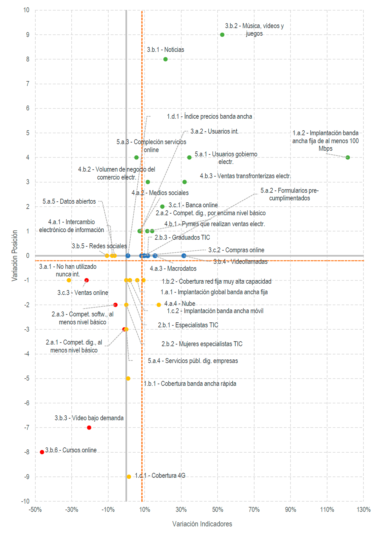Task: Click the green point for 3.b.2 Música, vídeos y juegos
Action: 222,35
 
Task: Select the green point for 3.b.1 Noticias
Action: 165,59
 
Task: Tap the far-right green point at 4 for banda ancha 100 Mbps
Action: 348,157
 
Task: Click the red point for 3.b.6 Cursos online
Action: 42,452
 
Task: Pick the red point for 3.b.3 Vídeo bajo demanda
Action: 89,428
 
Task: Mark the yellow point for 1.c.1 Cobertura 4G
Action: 129,476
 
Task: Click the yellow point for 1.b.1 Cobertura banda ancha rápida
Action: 128,378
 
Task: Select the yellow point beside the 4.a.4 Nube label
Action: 159,305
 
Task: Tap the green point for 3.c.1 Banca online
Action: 162,206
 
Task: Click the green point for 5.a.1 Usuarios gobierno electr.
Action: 189,157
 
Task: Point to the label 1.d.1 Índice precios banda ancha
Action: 209,116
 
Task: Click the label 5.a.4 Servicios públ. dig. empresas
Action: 193,361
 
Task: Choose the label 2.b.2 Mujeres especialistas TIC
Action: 202,344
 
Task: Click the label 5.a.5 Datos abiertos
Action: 69,201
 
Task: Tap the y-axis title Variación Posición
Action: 15,256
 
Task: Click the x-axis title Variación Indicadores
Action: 202,524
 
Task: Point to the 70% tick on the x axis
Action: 254,510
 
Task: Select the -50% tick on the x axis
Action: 35,510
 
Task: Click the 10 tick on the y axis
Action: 26,10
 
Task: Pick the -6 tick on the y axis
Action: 26,403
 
